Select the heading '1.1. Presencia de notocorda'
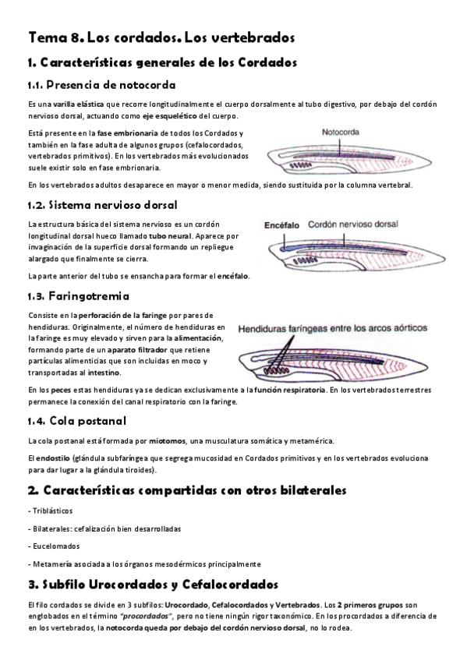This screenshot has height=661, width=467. point(101,84)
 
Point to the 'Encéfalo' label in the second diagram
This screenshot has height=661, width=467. point(282,223)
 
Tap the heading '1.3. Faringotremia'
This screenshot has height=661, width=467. point(78,297)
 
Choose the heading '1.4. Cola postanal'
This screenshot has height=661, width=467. point(76,422)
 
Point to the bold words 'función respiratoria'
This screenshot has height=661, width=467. point(289,388)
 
